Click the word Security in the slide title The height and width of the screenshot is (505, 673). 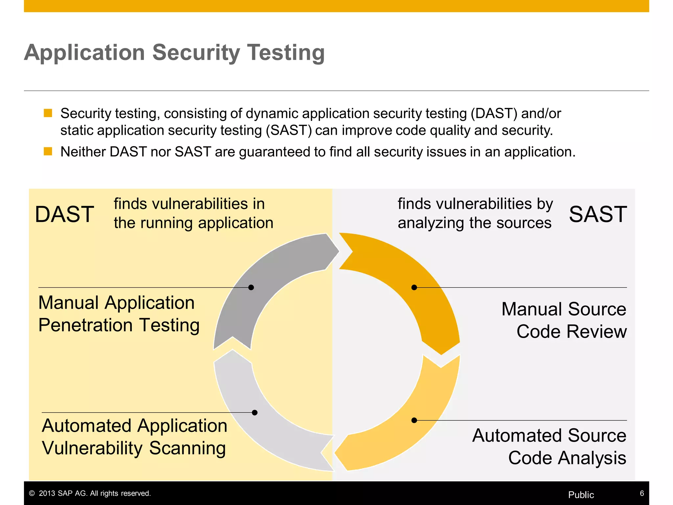point(196,53)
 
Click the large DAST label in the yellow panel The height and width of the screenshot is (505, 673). point(64,214)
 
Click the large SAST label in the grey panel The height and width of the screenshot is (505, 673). point(598,214)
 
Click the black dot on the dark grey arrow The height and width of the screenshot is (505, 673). point(251,287)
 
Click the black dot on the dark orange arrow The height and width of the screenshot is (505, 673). point(414,287)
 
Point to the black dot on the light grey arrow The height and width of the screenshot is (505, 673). point(255,412)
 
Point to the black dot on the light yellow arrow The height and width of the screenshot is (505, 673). point(414,420)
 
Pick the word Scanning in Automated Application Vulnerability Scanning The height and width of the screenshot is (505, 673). point(187,448)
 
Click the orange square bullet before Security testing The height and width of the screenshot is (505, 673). point(48,113)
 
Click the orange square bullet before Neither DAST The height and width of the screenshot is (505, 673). point(48,151)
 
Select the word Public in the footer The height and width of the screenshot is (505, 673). point(581,495)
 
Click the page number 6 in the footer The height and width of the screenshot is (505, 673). point(641,493)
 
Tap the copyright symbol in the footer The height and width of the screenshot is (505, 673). point(32,493)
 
